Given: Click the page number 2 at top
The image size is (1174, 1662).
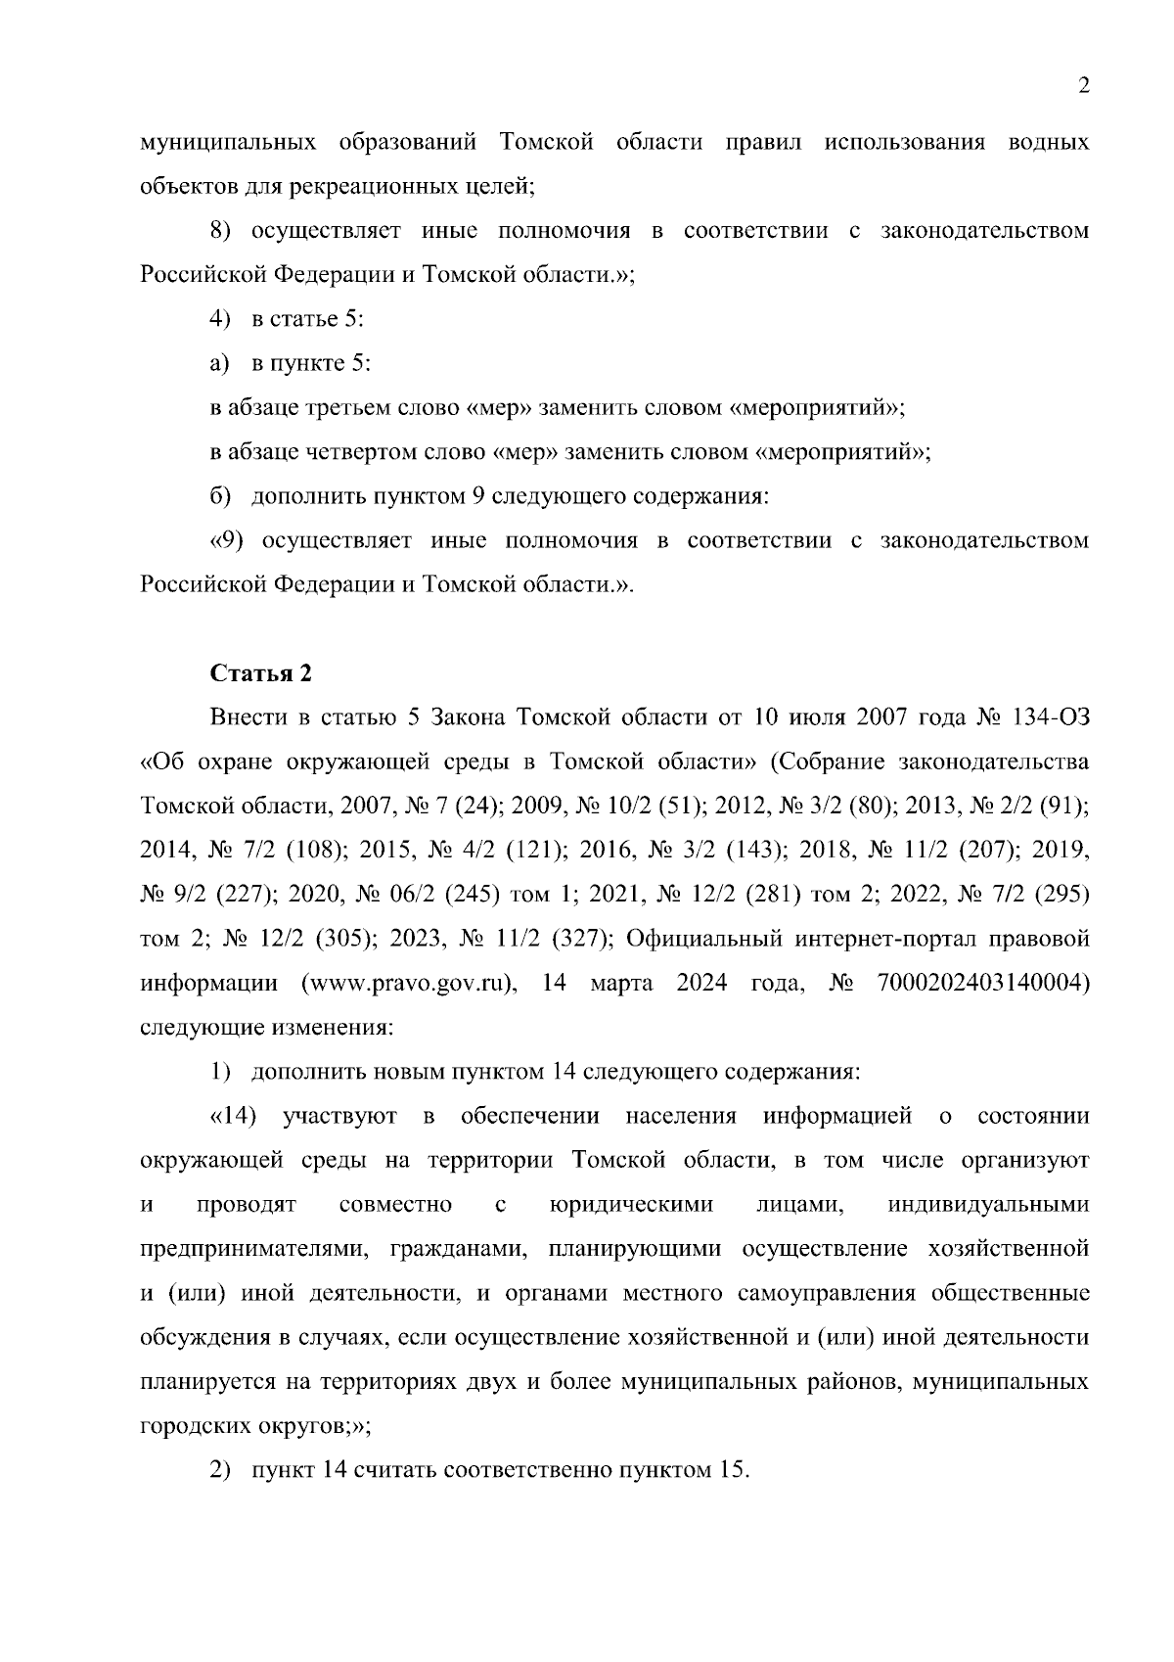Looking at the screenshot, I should pyautogui.click(x=1083, y=87).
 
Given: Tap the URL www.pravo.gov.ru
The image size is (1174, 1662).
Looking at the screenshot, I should pyautogui.click(x=410, y=984).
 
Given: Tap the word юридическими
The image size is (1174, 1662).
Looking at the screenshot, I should pyautogui.click(x=632, y=1205).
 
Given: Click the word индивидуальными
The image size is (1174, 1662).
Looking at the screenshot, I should pyautogui.click(x=988, y=1205).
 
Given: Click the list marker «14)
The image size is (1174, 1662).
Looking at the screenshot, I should pyautogui.click(x=234, y=1117).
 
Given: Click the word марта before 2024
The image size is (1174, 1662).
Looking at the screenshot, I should pyautogui.click(x=621, y=984).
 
